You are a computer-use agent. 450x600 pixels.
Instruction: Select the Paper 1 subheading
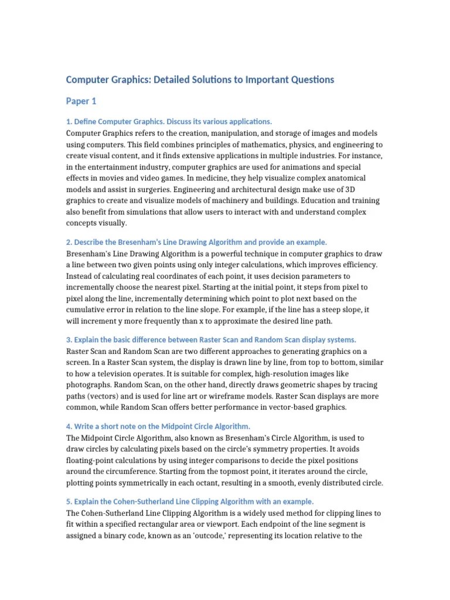[81, 101]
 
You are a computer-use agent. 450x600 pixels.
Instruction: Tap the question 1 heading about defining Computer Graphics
[169, 121]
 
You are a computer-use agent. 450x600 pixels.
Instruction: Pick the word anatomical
[340, 178]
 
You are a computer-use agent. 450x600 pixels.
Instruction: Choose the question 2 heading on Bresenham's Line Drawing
[196, 242]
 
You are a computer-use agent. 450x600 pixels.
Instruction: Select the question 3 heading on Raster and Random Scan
[211, 340]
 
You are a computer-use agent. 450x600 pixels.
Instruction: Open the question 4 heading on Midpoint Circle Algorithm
[158, 426]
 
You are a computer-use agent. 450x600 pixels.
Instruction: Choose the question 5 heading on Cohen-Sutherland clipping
[190, 502]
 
